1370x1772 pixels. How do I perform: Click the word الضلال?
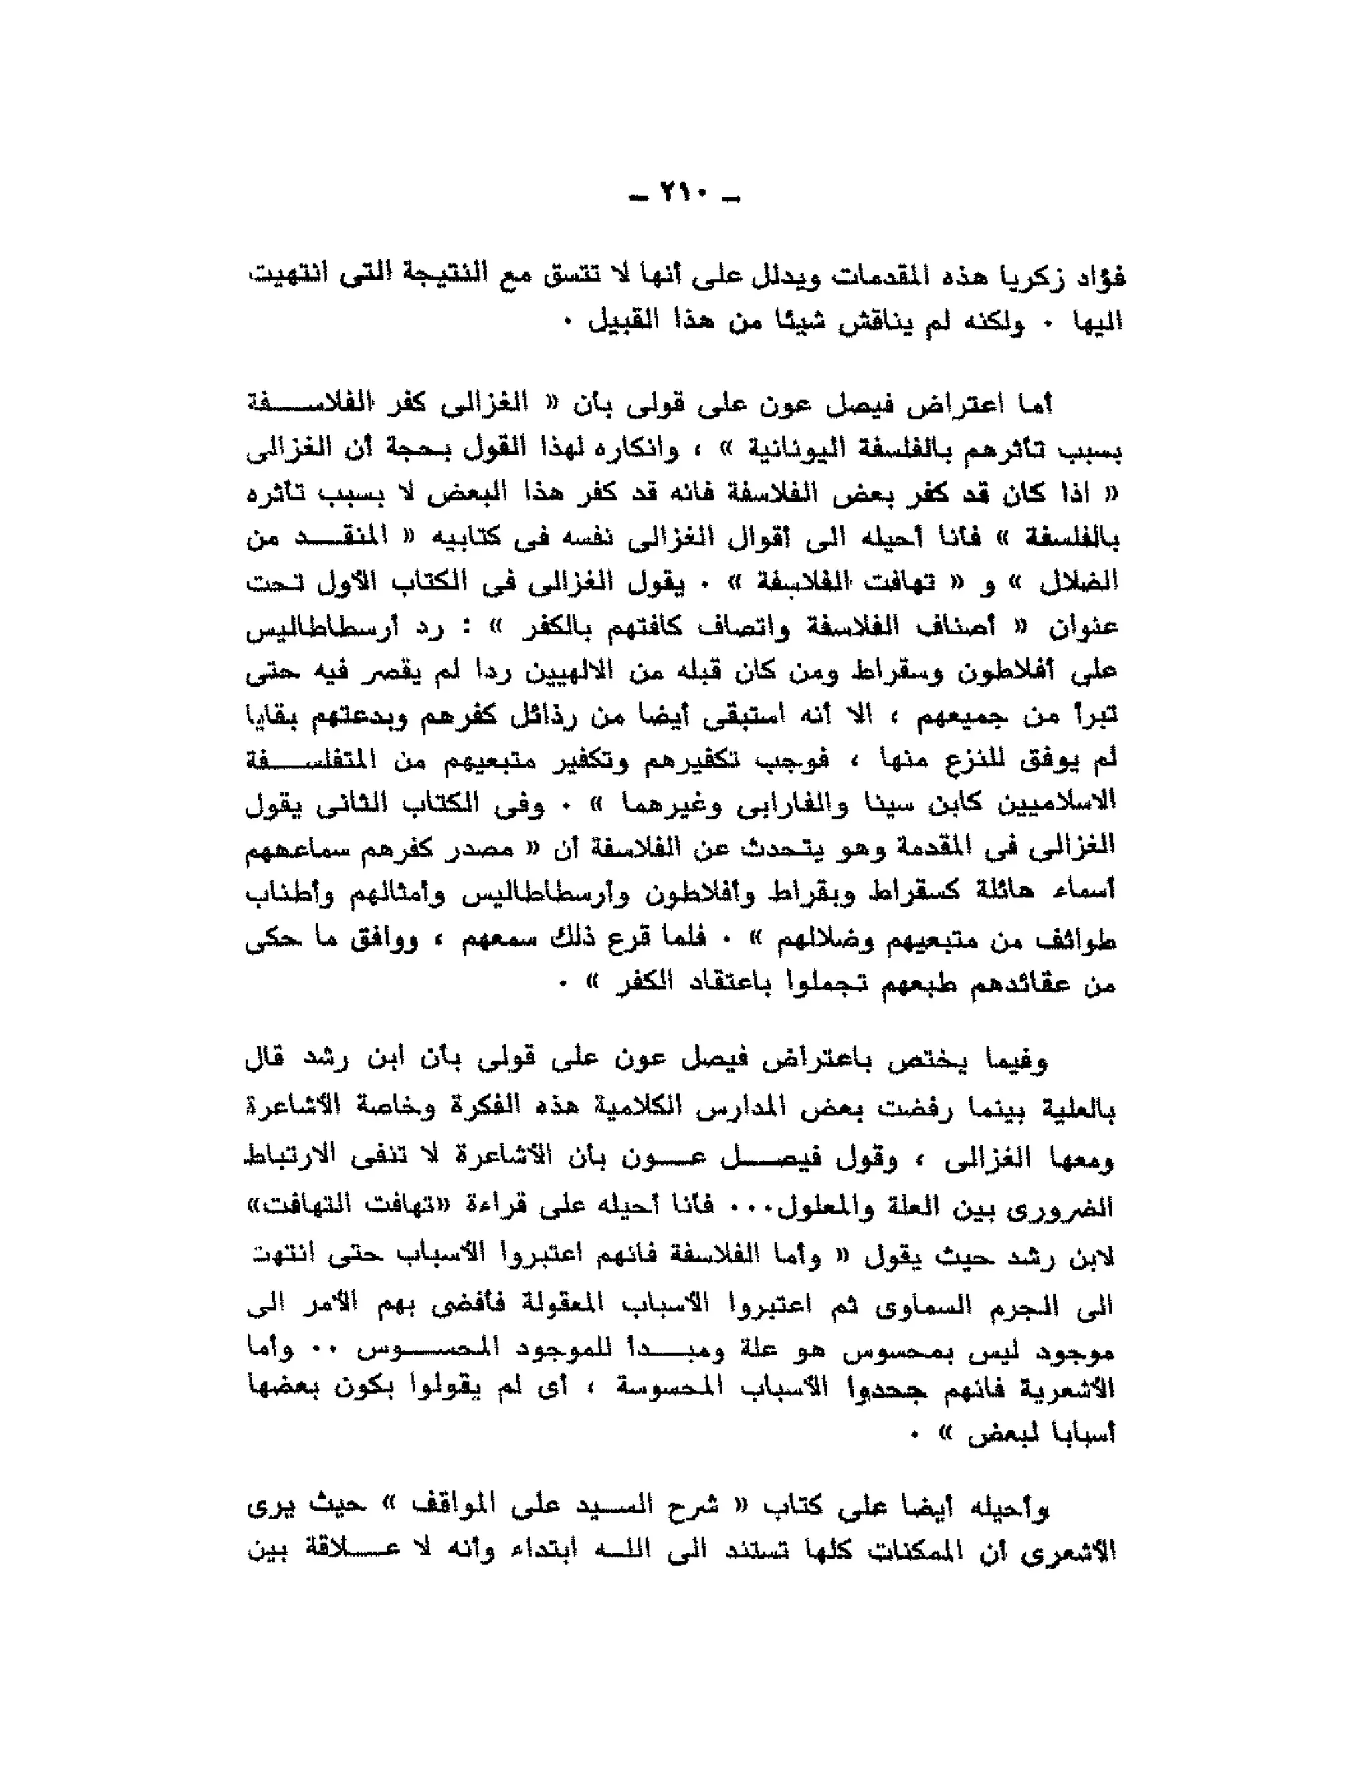(x=1086, y=581)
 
